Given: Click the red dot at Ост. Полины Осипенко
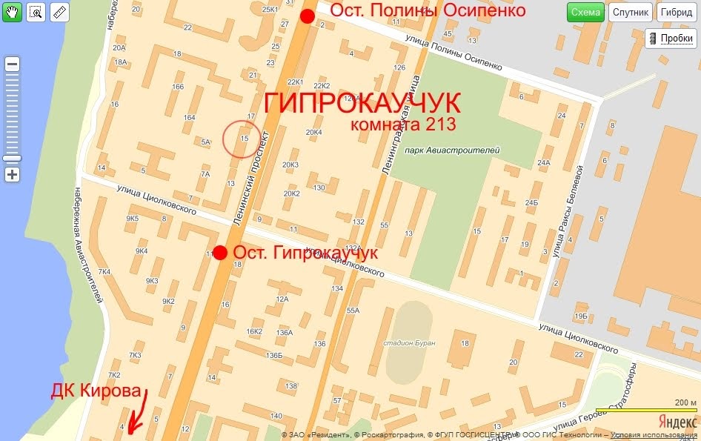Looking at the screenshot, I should [x=308, y=17].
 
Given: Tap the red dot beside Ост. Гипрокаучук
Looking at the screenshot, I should [x=219, y=252].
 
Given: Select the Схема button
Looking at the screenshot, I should [x=585, y=13].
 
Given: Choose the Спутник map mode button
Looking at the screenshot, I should [x=631, y=13].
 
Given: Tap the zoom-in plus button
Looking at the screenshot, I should [x=13, y=175].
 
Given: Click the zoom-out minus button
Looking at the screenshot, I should [x=13, y=64].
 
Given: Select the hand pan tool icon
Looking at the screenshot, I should [x=12, y=12].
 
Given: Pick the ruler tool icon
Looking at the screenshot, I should [x=59, y=12].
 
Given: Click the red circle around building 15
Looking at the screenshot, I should [x=242, y=139].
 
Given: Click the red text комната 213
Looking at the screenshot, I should [x=402, y=124].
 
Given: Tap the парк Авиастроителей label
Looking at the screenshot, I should [x=453, y=150].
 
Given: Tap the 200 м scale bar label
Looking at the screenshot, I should [x=685, y=402].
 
